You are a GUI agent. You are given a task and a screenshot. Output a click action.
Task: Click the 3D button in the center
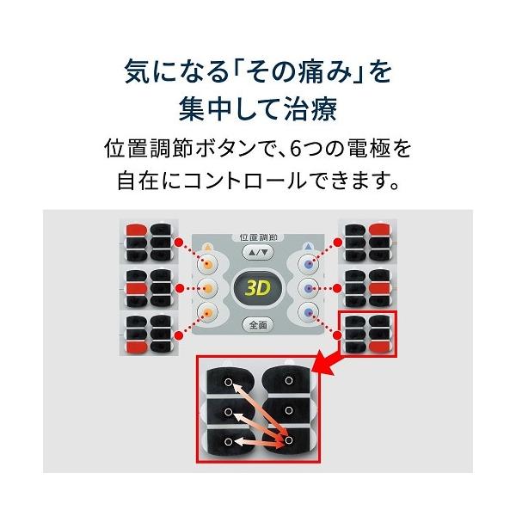pos(258,288)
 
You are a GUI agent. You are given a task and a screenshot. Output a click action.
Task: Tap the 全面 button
pos(258,325)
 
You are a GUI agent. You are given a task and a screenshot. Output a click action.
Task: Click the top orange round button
pos(207,263)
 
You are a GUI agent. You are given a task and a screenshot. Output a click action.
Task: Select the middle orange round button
pos(207,289)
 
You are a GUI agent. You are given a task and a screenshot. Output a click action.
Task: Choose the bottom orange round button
pos(207,313)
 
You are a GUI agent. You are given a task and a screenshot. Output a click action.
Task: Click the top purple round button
pos(309,263)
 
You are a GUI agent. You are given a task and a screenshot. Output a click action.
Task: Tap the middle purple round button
pos(309,289)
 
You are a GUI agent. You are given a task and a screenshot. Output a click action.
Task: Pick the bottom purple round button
pos(309,312)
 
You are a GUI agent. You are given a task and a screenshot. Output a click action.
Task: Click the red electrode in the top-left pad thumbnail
pos(136,230)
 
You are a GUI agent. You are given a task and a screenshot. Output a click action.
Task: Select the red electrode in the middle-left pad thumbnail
pos(136,289)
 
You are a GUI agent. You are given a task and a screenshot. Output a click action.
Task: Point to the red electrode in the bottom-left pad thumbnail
pos(136,347)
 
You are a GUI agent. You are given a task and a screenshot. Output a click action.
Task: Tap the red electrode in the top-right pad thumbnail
pos(379,230)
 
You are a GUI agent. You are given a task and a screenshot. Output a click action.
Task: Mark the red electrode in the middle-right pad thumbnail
pos(379,289)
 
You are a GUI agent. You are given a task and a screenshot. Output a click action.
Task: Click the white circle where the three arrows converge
pos(289,440)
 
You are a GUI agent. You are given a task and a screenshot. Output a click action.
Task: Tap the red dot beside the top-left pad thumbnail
pos(179,243)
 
